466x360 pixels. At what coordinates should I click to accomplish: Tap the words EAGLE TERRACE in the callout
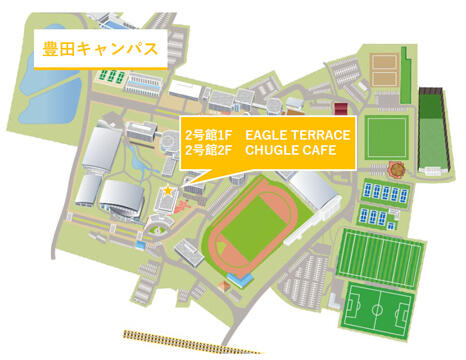pyautogui.click(x=296, y=133)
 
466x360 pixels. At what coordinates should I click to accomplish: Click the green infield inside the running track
pyautogui.click(x=254, y=226)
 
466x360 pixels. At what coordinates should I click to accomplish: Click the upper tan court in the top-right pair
pyautogui.click(x=386, y=66)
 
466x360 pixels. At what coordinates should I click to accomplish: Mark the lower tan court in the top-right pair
pyautogui.click(x=386, y=86)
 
